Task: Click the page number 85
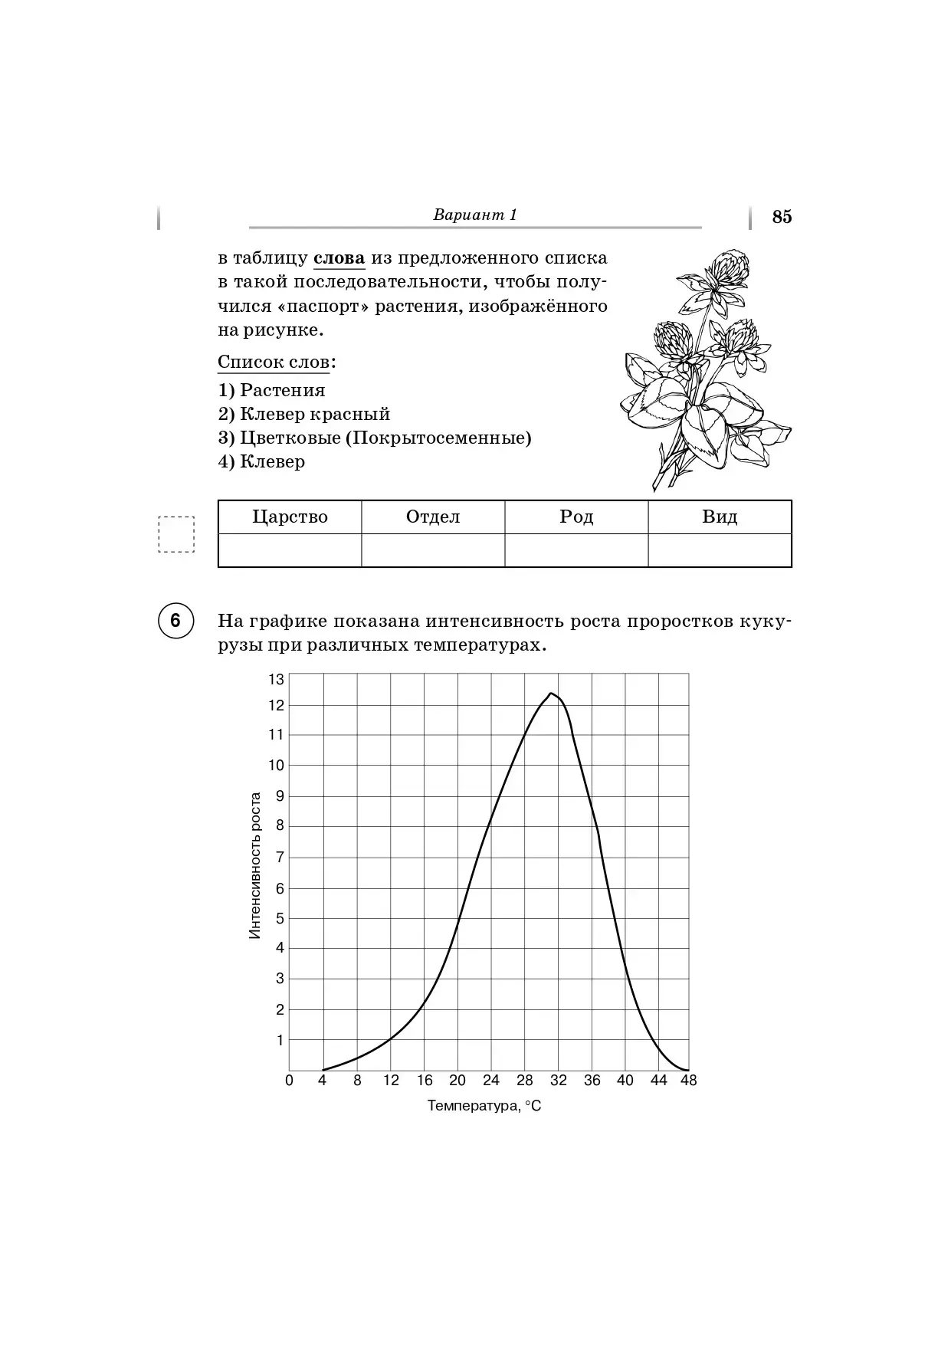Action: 782,217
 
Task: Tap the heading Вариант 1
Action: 475,215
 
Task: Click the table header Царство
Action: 290,517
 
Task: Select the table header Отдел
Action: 433,517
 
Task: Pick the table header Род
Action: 576,517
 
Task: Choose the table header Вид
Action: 720,517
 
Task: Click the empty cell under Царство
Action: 290,550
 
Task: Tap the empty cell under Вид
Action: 720,550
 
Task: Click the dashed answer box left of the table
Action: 176,534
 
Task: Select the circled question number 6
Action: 175,620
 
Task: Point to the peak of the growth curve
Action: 550,694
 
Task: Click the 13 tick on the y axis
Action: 276,679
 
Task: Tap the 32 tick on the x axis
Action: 559,1081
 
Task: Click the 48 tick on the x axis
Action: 688,1081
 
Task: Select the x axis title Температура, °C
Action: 484,1106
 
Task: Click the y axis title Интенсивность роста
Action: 256,865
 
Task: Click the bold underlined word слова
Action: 339,258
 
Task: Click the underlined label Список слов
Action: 274,362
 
